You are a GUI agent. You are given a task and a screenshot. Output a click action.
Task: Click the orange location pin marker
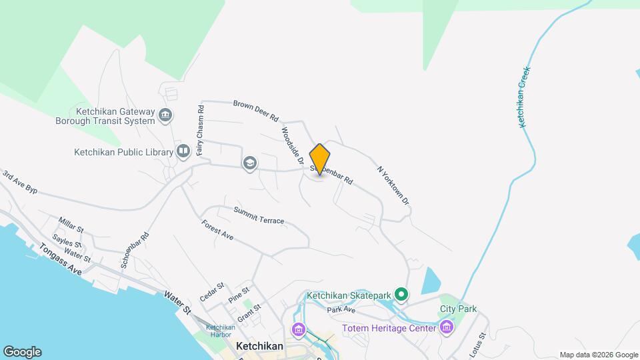tap(320, 159)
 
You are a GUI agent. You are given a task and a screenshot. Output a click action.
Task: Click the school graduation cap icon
tap(250, 163)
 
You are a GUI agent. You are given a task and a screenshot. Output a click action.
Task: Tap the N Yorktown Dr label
tap(393, 185)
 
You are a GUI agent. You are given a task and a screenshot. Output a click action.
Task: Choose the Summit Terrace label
tap(259, 215)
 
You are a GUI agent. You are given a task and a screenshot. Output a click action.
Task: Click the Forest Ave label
tap(217, 230)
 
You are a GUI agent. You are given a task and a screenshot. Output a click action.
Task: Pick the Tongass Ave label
tap(60, 259)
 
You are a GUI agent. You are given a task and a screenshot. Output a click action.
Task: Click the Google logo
tap(22, 352)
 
